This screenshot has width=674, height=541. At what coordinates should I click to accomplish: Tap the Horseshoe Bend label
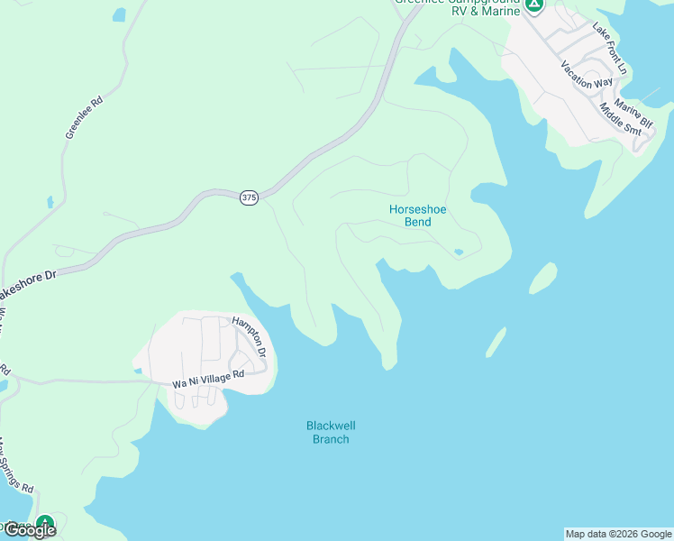click(417, 215)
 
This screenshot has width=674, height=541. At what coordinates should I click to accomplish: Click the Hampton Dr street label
click(249, 335)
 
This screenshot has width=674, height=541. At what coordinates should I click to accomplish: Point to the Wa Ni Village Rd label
click(209, 380)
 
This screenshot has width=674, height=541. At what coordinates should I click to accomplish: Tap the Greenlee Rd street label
click(84, 118)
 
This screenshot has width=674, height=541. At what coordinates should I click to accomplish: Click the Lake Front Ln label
click(610, 48)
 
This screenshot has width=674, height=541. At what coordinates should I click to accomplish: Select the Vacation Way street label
click(587, 75)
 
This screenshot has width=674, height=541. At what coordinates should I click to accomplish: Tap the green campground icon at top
click(535, 5)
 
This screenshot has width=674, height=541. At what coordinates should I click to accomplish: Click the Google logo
click(29, 530)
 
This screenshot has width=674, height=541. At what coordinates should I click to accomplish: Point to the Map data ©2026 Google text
click(618, 534)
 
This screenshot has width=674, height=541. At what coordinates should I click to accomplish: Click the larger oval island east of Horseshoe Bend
click(542, 279)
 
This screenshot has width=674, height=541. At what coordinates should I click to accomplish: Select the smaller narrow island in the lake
click(496, 343)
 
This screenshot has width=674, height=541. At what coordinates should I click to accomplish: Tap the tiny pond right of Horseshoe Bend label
click(459, 252)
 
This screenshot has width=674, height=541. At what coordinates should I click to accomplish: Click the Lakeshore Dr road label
click(27, 275)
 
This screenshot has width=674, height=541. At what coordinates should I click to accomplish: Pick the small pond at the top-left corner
click(119, 15)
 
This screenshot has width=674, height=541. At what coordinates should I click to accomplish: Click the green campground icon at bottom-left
click(45, 523)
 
